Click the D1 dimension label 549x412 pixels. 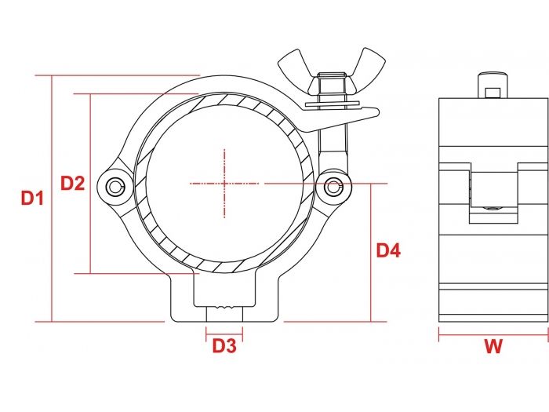[32, 199]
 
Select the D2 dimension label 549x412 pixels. [73, 184]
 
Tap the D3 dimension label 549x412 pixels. [224, 345]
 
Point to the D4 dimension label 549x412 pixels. [388, 251]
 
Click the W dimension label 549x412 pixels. [493, 347]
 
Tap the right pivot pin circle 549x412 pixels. [334, 186]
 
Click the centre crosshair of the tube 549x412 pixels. [224, 184]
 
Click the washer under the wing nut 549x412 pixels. [329, 103]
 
